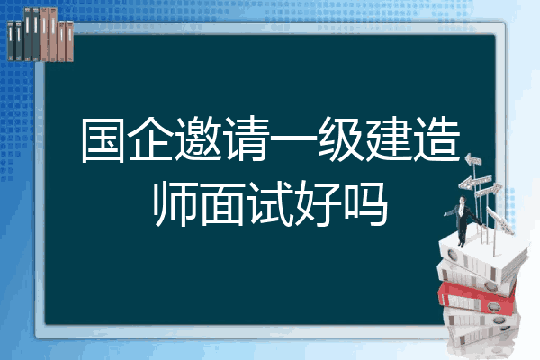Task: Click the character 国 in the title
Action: tap(103, 140)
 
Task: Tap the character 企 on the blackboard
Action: tap(150, 139)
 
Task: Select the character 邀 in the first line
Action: tap(198, 139)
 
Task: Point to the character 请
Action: tap(246, 139)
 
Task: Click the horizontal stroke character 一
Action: tap(292, 139)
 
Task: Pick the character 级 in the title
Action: tap(340, 139)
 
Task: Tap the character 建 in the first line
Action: tap(388, 139)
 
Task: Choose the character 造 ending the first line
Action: tap(436, 139)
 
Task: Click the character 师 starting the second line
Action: tap(175, 204)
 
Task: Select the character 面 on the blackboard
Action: tap(222, 204)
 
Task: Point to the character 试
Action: tap(270, 204)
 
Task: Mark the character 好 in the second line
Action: tap(318, 204)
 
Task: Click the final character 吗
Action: tap(365, 204)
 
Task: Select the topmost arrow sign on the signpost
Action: tap(473, 159)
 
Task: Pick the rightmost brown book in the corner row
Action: tap(69, 41)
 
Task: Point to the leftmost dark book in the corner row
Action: tap(11, 40)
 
